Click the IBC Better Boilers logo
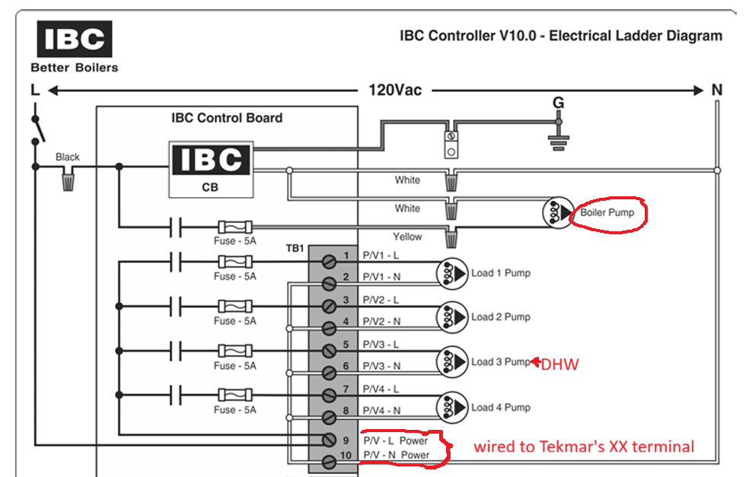click(75, 46)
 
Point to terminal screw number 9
click(330, 440)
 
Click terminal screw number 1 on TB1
click(330, 262)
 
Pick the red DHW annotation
click(559, 365)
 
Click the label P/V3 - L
click(381, 345)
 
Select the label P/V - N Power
click(395, 455)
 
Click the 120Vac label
click(394, 90)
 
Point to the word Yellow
click(407, 237)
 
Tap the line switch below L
click(37, 129)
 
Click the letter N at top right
click(716, 90)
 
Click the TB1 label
click(295, 248)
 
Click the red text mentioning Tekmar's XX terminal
click(583, 447)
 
